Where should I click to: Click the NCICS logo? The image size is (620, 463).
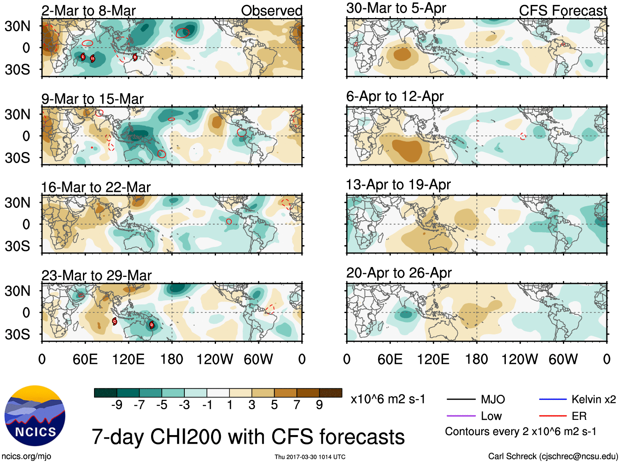35,416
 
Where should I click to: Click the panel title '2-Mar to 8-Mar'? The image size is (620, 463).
88,11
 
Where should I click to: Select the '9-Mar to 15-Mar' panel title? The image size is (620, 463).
92,99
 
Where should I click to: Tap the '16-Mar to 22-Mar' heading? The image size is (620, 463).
96,187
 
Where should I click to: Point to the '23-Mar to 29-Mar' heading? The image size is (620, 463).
96,275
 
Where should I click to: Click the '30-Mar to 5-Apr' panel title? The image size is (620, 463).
396,8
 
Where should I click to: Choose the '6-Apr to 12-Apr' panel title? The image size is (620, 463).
395,97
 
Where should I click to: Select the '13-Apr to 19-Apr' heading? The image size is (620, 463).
398,185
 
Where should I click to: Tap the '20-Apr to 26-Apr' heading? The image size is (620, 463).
399,273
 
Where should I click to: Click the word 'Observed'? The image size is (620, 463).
271,11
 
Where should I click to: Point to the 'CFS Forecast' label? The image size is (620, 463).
563,11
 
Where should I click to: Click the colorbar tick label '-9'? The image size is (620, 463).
117,405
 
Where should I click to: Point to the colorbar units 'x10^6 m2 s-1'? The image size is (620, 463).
388,399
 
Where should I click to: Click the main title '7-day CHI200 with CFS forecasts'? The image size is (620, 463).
248,437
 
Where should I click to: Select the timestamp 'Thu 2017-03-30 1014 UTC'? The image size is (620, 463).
310,457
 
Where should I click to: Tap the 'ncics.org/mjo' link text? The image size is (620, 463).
26,456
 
